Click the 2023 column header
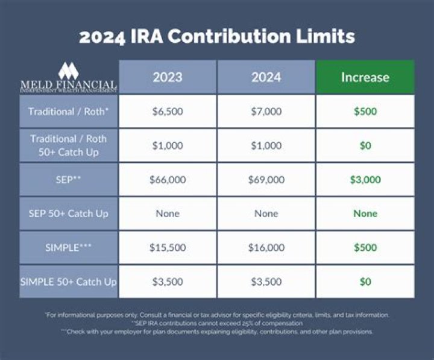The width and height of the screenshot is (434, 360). point(167,77)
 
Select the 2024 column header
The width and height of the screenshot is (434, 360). point(266,77)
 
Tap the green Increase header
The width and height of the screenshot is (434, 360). point(365,77)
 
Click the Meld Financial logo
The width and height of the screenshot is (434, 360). point(68,77)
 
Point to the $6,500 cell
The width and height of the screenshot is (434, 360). point(167,112)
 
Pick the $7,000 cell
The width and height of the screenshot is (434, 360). point(266,112)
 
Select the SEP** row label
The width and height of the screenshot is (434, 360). point(68,180)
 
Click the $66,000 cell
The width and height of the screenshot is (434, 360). point(167,180)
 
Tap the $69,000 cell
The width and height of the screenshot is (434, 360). point(266,180)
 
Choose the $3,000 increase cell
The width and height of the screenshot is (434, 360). point(365,180)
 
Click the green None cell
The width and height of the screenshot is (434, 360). point(365,213)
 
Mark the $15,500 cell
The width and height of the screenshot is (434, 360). point(167,247)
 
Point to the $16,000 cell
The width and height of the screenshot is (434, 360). point(266,247)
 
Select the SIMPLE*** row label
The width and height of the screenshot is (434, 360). point(68,247)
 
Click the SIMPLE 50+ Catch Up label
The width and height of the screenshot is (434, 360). point(68,282)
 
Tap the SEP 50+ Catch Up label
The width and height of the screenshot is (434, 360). point(68,213)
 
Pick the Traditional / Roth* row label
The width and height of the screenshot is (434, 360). point(68,112)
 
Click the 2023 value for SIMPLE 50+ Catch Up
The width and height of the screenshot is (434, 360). point(167,282)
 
